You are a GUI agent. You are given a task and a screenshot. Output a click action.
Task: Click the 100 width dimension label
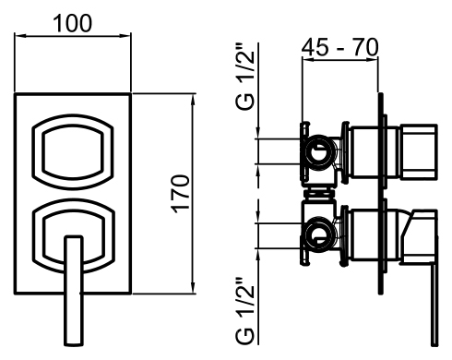pos(73,23)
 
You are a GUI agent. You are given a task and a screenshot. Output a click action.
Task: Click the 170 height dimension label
pos(180,194)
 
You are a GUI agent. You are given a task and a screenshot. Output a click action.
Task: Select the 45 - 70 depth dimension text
pos(339,47)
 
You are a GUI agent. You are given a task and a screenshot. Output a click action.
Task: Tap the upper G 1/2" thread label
pos(245,78)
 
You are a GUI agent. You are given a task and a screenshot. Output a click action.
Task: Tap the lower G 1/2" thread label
pos(245,311)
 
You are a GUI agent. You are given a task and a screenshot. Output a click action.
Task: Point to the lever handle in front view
pos(74,291)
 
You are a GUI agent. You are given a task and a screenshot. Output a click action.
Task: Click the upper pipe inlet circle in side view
pos(318,151)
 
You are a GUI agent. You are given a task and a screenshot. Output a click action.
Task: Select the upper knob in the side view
pos(419,151)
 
